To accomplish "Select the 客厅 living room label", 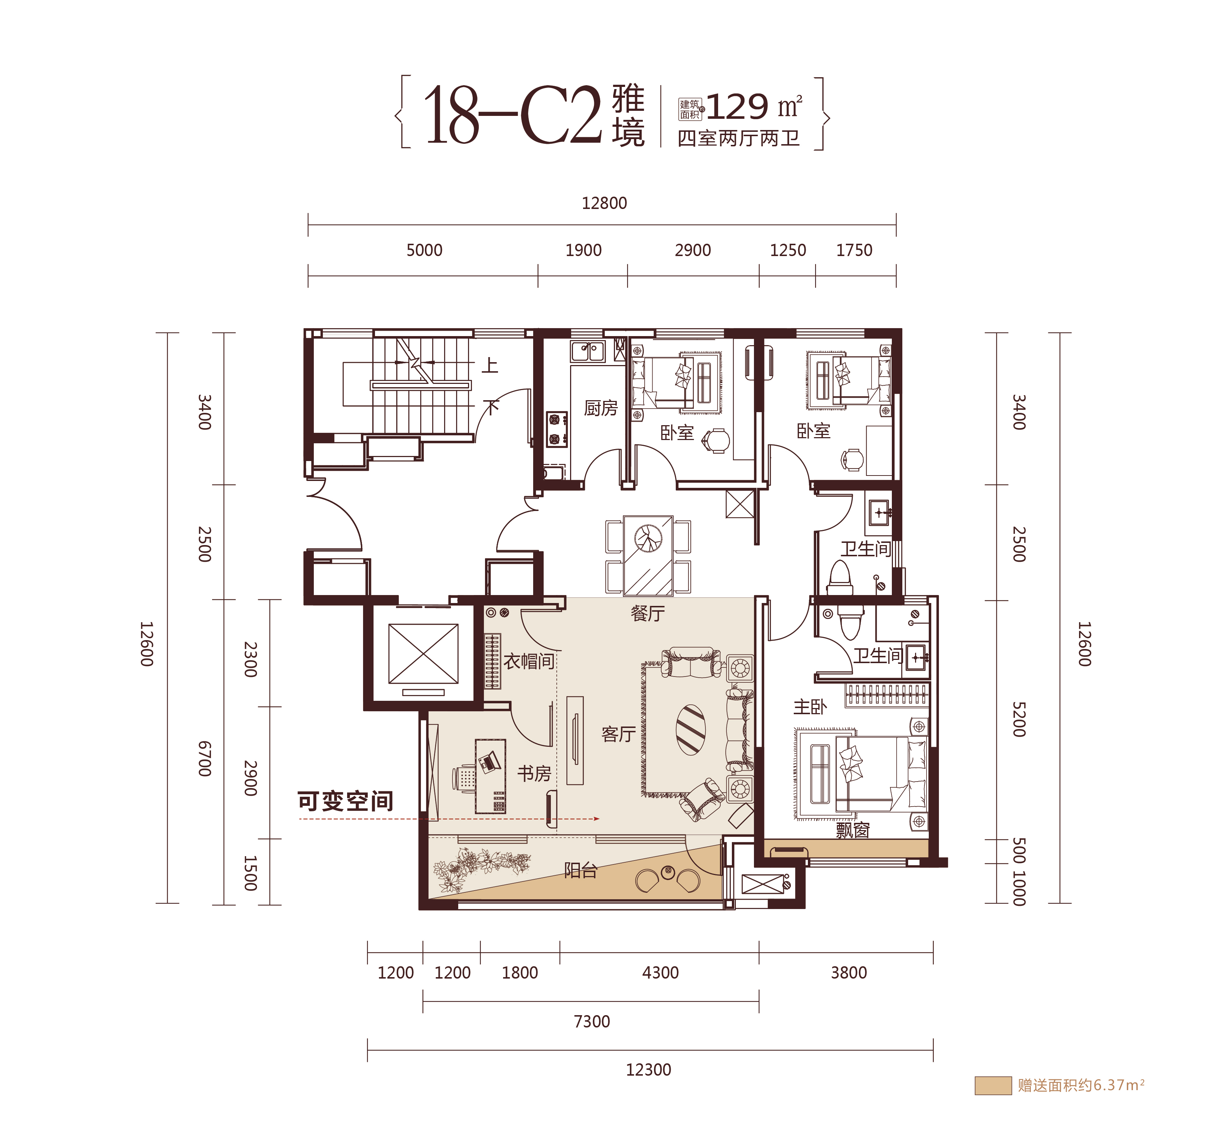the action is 618,734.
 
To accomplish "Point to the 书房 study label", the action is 534,773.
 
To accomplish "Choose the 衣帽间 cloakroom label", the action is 528,661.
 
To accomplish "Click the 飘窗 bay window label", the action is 853,830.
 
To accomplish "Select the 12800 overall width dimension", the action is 604,203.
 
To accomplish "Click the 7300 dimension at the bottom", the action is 592,1021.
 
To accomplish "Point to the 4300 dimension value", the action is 660,972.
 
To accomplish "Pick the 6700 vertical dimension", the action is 205,758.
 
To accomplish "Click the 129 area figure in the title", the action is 737,107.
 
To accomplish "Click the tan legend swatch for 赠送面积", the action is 993,1085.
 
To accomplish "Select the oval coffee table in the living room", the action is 691,730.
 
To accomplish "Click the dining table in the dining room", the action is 648,556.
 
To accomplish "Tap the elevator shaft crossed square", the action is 423,654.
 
